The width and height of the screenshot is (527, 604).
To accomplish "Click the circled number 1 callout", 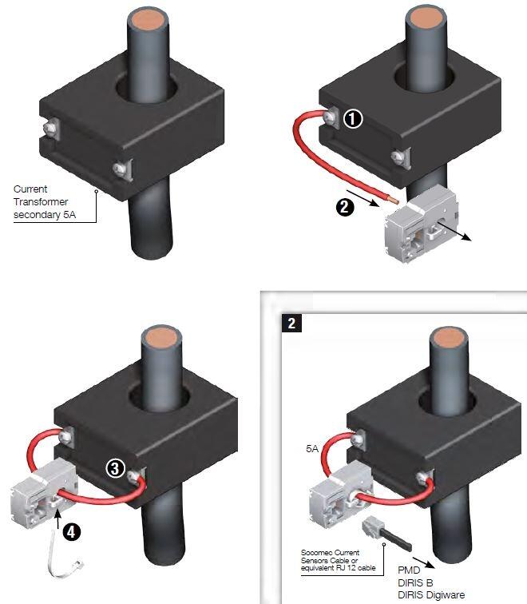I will [x=352, y=119].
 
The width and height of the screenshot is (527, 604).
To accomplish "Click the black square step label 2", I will [x=291, y=323].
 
